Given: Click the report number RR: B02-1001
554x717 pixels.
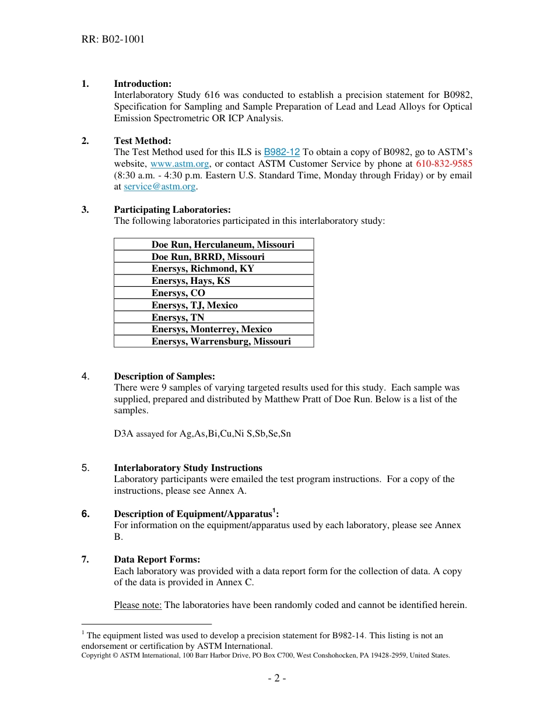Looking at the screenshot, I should [x=113, y=40].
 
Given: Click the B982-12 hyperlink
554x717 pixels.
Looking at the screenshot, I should [x=282, y=152].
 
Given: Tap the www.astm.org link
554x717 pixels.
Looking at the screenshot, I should [x=180, y=164].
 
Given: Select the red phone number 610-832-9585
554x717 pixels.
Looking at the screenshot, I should [x=444, y=164].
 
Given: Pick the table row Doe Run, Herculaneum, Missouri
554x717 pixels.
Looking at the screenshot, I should [x=223, y=244].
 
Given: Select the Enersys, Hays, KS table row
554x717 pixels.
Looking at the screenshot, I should [x=191, y=281].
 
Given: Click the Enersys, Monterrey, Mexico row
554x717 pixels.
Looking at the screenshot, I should [x=212, y=329].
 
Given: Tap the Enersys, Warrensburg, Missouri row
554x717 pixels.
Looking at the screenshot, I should [x=221, y=342].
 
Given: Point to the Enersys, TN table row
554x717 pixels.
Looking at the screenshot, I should [x=178, y=318].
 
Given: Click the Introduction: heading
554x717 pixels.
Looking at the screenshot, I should [x=142, y=84].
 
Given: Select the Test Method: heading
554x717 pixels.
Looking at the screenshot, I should [x=142, y=140].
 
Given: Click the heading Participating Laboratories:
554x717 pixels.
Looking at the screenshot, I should [x=172, y=210].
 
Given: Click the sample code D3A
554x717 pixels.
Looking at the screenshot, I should [x=124, y=434].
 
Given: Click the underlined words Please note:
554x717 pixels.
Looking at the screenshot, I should [x=138, y=605].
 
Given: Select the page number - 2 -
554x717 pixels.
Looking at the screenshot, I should [x=277, y=679].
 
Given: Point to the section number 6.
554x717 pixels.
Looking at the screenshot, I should [x=86, y=514].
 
